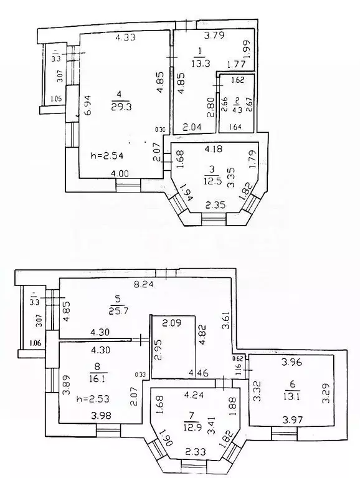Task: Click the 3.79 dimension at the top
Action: point(215,36)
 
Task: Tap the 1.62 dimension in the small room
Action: point(238,80)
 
